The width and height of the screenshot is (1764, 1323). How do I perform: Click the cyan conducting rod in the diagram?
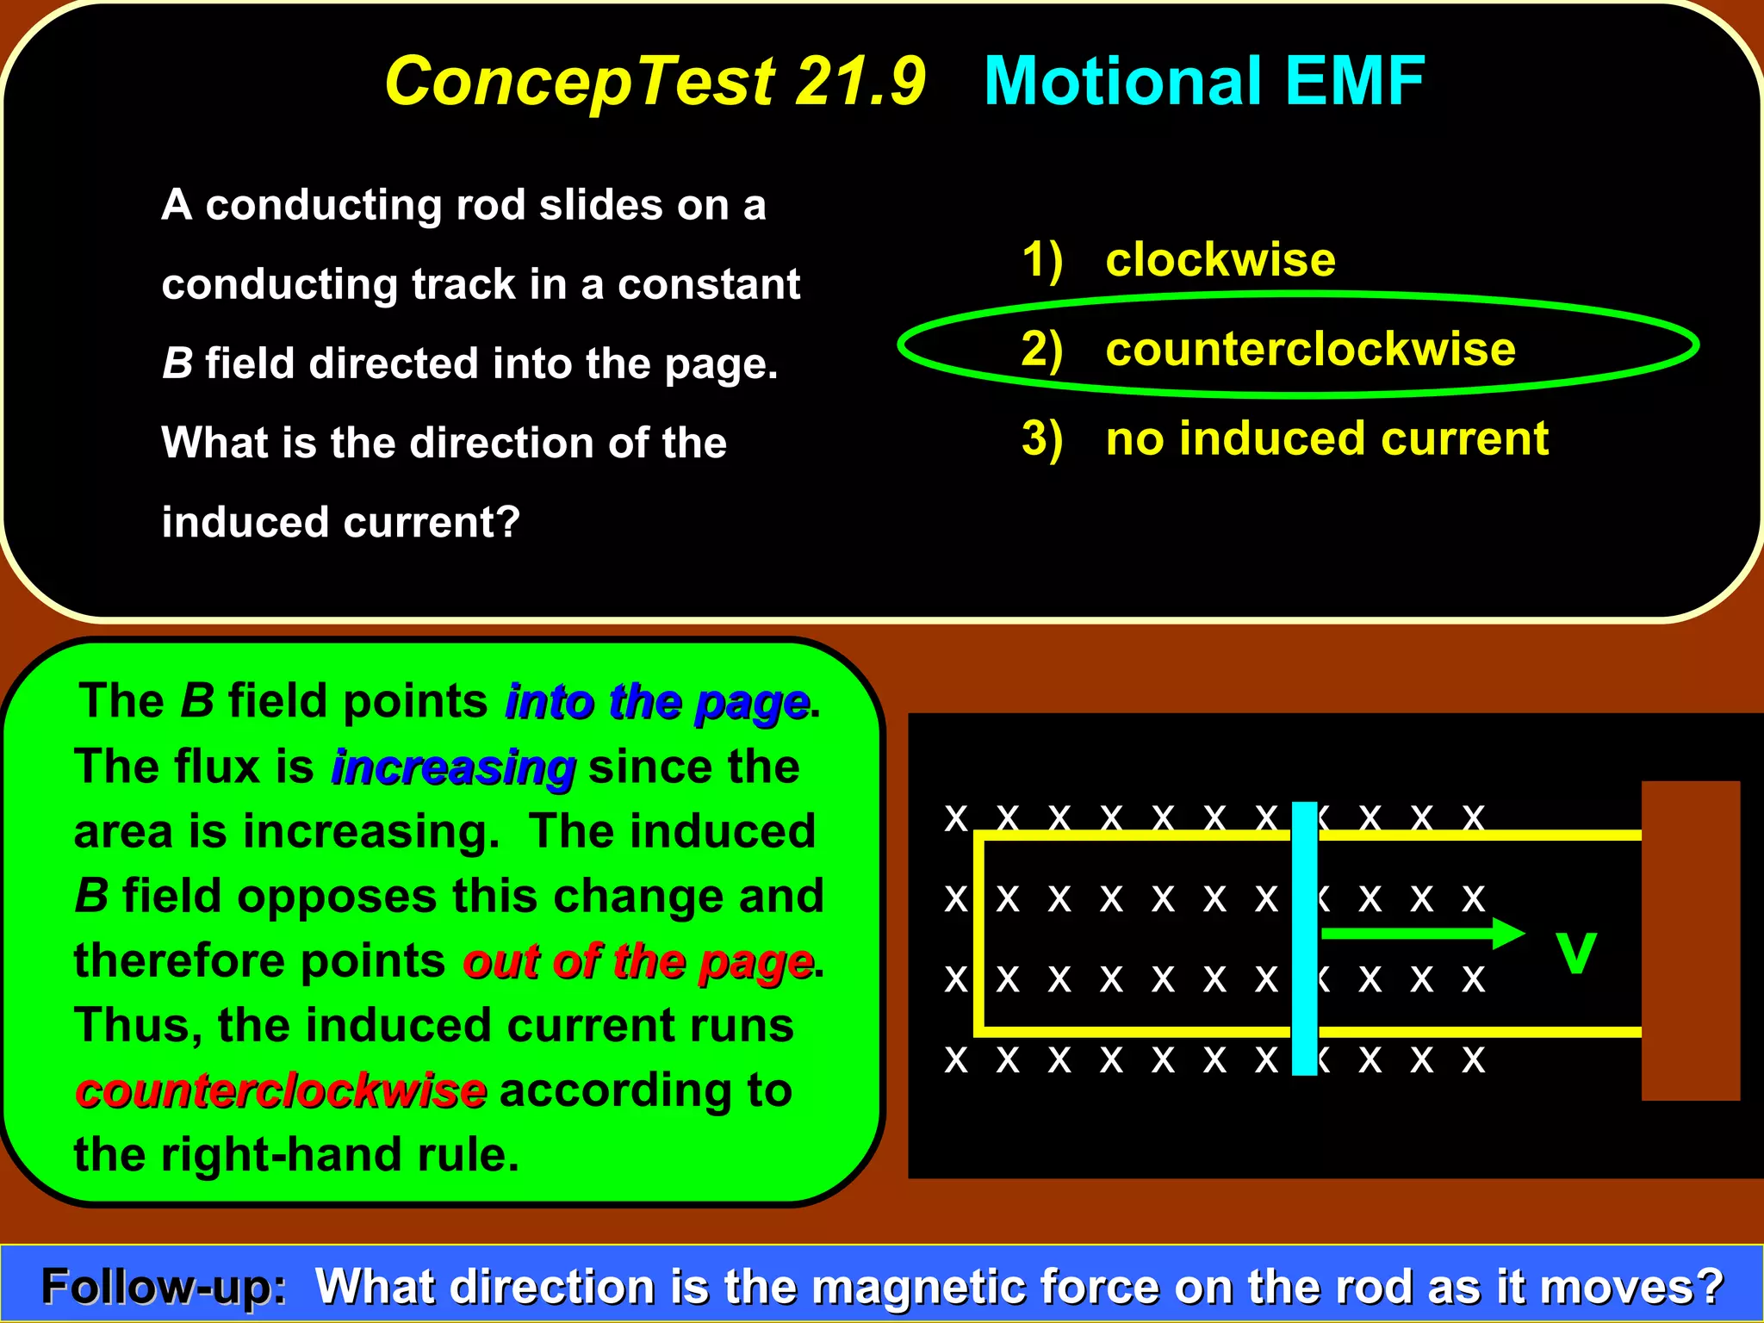[x=1305, y=938]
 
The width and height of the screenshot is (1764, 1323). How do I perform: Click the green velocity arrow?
[x=1421, y=933]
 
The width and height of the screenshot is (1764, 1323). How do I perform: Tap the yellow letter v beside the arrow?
[x=1576, y=952]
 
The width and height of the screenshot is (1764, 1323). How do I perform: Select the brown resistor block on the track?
[x=1690, y=940]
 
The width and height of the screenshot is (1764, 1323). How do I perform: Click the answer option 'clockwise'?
[x=1220, y=259]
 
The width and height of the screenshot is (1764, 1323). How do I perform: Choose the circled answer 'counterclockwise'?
[x=1309, y=349]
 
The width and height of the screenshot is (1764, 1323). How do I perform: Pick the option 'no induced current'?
[x=1326, y=438]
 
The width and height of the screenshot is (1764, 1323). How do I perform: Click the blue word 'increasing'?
[x=453, y=767]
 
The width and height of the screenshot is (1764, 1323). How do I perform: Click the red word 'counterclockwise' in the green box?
[x=281, y=1091]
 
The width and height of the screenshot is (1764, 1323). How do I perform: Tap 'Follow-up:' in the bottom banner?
[x=164, y=1287]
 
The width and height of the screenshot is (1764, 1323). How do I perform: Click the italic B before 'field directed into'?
[x=177, y=363]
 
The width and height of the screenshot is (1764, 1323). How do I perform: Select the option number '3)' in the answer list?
[x=1041, y=439]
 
